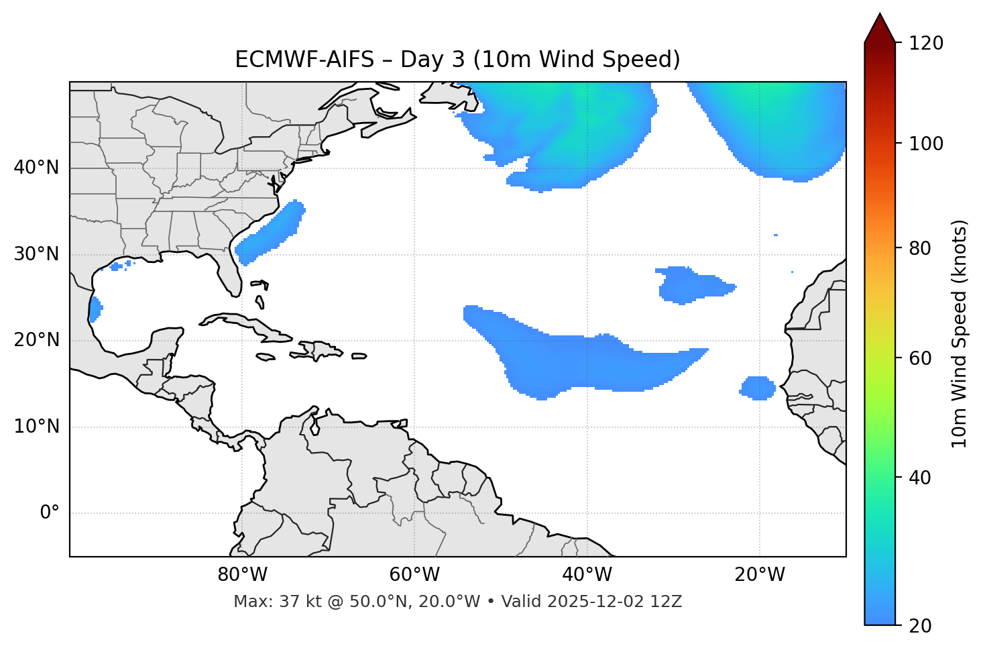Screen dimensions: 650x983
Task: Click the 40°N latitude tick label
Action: [x=36, y=168]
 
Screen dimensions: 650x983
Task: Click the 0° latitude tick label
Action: [x=50, y=513]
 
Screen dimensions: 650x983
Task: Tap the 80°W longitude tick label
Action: [x=242, y=575]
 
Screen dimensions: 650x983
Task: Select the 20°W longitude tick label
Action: [x=760, y=575]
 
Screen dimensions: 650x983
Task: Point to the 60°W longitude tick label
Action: [x=414, y=575]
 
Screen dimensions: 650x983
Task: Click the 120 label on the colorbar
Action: [x=926, y=44]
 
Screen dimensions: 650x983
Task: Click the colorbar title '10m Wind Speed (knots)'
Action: [x=960, y=334]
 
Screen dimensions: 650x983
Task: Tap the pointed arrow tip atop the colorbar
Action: [x=880, y=16]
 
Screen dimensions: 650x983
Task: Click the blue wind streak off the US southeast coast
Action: [x=271, y=232]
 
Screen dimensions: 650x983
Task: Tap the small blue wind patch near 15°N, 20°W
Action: [x=758, y=388]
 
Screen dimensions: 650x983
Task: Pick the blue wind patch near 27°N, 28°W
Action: [x=691, y=285]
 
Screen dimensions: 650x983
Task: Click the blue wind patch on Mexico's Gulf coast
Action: [x=95, y=309]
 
